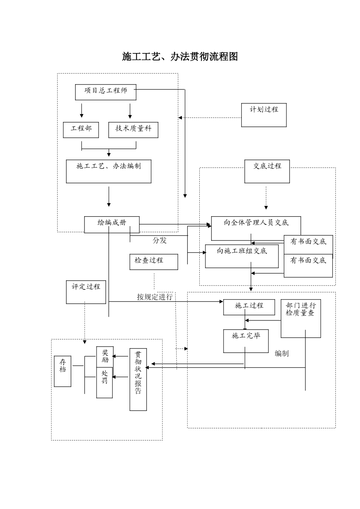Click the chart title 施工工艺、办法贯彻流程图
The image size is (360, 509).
pos(180,57)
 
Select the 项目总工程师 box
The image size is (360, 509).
pos(105,92)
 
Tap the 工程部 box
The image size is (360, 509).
pos(81,130)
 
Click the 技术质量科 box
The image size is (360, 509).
pos(133,130)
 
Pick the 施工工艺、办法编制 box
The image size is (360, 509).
pos(108,172)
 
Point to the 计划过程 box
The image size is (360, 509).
pos(264,115)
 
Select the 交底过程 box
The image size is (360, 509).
pos(267,172)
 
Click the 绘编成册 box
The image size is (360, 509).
pos(111,224)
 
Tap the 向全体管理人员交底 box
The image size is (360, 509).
pos(256,228)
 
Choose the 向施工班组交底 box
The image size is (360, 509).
pos(242,256)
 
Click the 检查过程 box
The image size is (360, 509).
pos(153,262)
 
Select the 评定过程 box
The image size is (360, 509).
pos(86,292)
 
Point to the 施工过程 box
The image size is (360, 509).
pos(249,307)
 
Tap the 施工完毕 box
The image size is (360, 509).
pos(246,341)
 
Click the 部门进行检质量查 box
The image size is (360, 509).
pos(301,318)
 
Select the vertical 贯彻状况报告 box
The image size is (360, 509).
pos(138,379)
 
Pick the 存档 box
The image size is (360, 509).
pos(63,371)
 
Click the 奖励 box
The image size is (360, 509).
pos(105,357)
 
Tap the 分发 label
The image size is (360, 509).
pos(160,240)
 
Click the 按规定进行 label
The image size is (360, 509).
pos(155,297)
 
